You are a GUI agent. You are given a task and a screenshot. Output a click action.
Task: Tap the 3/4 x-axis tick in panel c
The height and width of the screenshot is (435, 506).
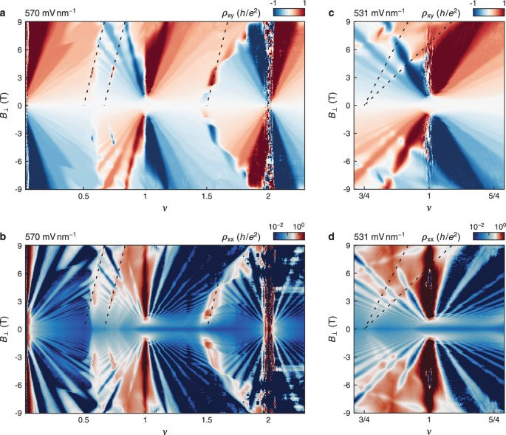click(x=364, y=197)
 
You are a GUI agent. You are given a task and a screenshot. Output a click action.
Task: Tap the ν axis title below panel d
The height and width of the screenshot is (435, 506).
click(x=429, y=429)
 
